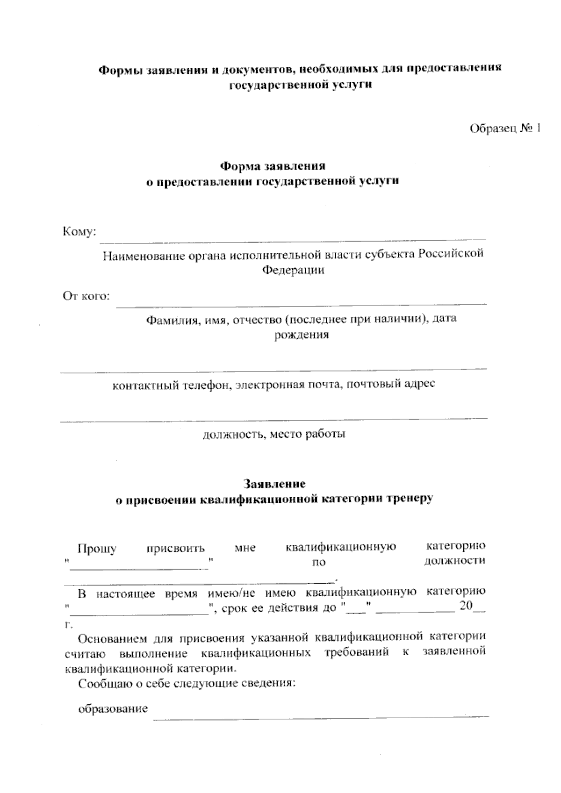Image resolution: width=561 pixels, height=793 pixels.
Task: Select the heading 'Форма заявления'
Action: [x=273, y=166]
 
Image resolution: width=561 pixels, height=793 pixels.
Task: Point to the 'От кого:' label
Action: [x=86, y=296]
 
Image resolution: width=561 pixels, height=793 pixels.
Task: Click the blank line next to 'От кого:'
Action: [x=301, y=304]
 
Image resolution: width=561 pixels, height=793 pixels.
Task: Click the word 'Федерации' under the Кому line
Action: [x=293, y=270]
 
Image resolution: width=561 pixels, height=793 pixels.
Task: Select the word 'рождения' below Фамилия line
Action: [x=301, y=335]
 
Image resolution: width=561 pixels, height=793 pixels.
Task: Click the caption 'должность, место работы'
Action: [x=273, y=434]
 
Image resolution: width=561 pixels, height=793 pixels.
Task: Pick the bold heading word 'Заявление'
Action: [x=274, y=483]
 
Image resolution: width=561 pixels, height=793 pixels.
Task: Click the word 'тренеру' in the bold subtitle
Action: [x=410, y=499]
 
